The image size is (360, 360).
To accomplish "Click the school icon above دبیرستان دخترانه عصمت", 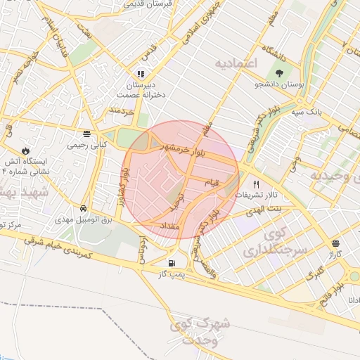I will (141, 73).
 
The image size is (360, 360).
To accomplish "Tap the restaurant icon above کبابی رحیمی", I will (86, 134).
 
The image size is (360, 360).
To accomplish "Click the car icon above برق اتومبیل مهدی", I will (84, 209).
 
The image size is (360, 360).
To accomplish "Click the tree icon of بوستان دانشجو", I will (281, 72).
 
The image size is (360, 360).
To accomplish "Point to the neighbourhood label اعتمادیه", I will (237, 64).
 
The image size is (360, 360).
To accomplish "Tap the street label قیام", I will (212, 183).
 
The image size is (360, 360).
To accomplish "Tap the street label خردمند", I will (121, 110).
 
